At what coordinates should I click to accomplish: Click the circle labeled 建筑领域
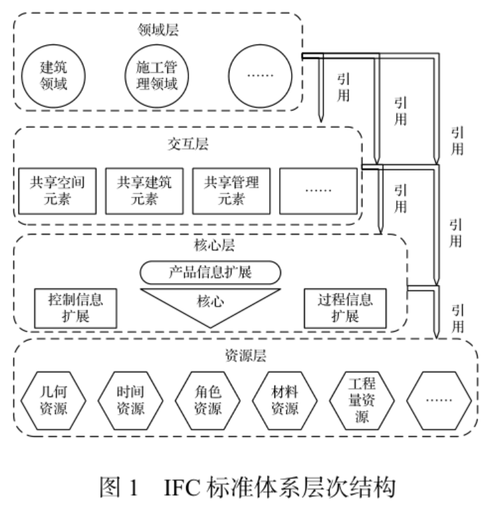coord(54,75)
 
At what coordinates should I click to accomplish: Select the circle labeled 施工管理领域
coord(157,75)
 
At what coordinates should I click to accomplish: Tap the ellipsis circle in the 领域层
coord(261,75)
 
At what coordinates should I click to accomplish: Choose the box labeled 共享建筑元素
coord(144,190)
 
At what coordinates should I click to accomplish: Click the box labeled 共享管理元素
coord(231,190)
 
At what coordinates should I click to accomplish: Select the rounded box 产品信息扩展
coord(210,272)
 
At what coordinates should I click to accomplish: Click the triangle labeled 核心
coord(210,303)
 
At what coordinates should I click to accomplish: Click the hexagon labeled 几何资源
coord(54,400)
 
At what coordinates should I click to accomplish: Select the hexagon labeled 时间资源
coord(131,400)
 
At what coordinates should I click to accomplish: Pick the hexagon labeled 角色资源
coord(208,400)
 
